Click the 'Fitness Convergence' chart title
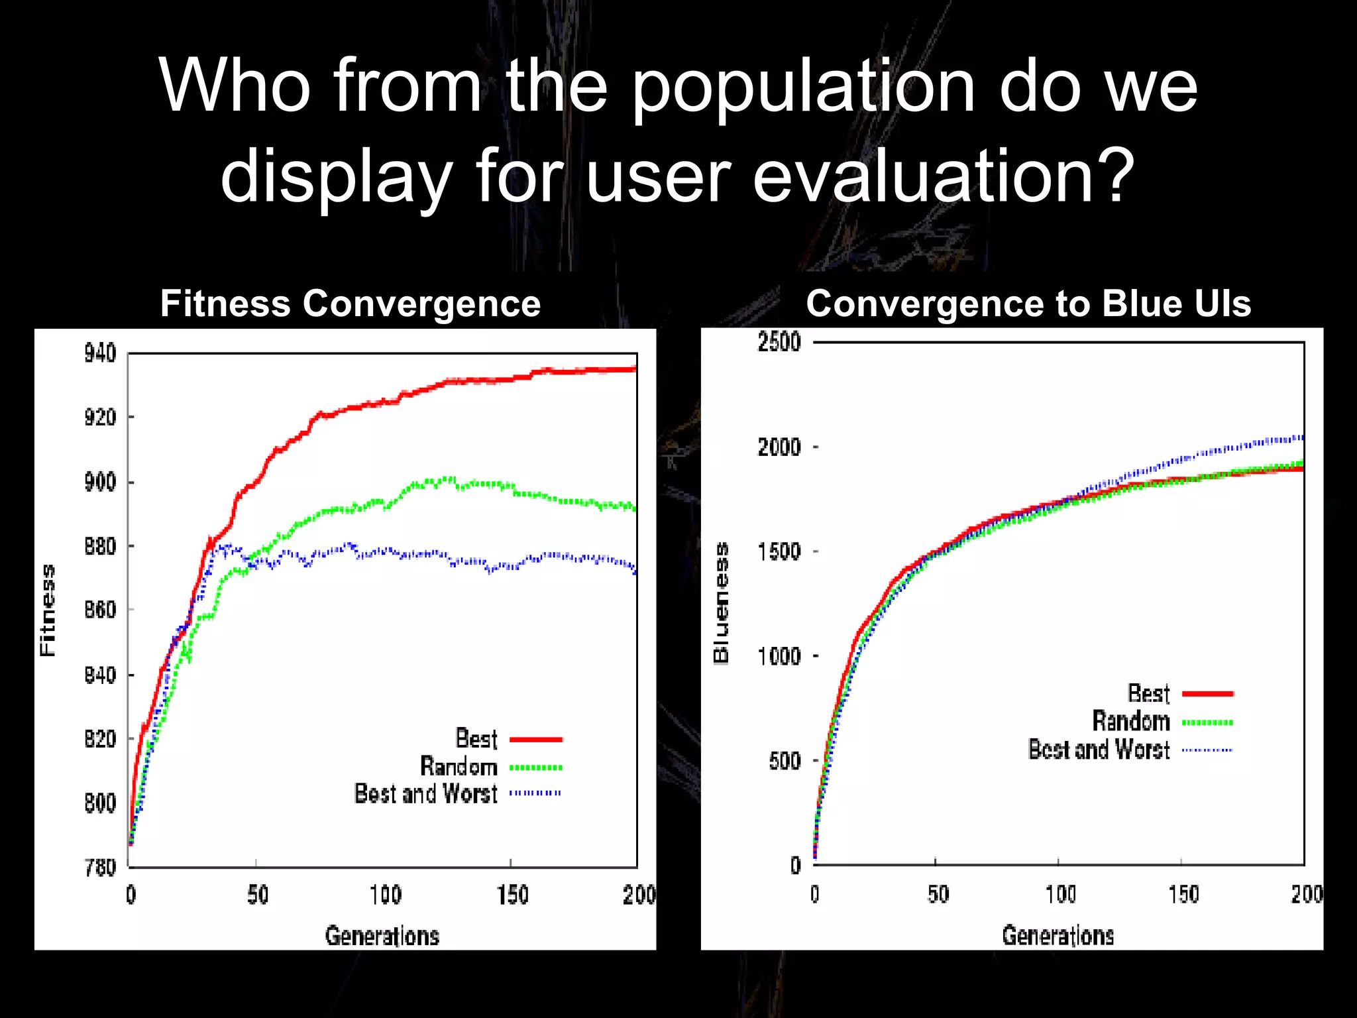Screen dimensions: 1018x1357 point(351,304)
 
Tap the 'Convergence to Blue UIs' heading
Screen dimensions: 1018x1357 point(1028,304)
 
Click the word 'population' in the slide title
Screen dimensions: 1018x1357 point(803,86)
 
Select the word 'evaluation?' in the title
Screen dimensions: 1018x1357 point(944,176)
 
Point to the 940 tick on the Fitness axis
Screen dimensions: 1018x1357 point(100,353)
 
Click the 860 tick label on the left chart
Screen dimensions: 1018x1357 point(100,610)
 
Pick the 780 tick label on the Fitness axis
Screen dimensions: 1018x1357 point(100,867)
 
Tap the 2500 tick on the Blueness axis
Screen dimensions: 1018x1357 point(779,342)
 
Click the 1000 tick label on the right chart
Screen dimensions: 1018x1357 point(779,656)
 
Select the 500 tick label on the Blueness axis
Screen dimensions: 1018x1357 point(785,761)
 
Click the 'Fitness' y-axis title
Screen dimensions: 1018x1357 point(48,610)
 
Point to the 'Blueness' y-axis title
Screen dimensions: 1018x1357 point(721,603)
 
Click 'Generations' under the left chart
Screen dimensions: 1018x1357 point(382,936)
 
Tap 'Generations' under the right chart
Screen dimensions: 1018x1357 point(1058,935)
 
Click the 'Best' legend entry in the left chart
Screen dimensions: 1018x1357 point(476,738)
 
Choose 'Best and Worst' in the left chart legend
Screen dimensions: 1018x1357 point(425,793)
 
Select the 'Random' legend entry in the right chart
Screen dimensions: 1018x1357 point(1130,721)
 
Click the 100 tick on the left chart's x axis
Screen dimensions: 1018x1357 point(386,895)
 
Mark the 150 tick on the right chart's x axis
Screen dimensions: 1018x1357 point(1183,894)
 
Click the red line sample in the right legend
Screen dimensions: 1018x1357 point(1207,694)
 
